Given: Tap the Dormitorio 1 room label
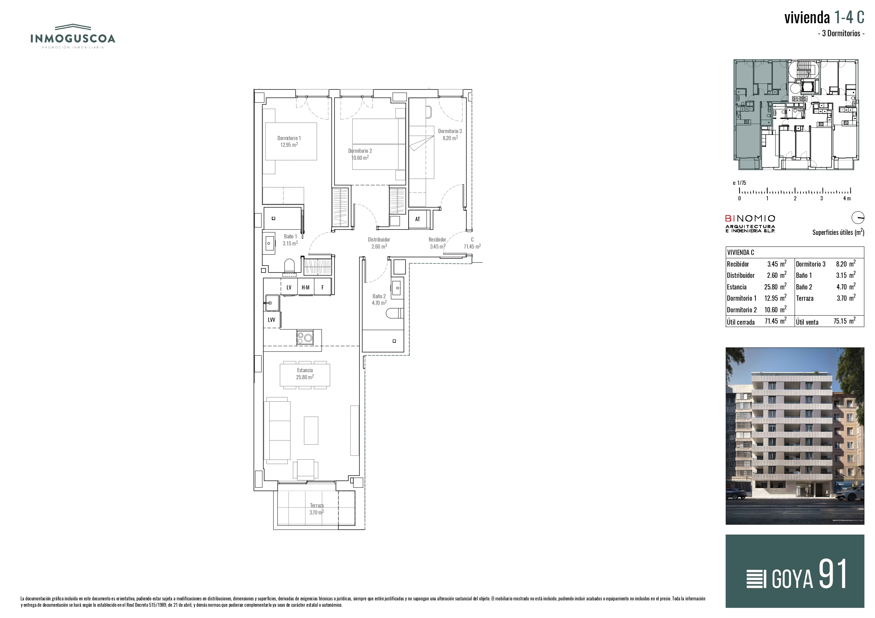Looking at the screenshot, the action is click(x=289, y=141).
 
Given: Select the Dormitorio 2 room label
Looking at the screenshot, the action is click(x=360, y=154).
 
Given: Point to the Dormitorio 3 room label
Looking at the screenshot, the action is click(x=450, y=135).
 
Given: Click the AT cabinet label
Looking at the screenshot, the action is click(x=417, y=219).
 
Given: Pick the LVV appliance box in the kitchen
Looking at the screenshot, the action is click(x=272, y=319).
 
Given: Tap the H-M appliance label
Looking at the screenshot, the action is click(x=305, y=287).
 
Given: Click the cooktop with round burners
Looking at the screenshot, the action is click(x=305, y=337).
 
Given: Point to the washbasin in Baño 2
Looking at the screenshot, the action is click(x=397, y=288).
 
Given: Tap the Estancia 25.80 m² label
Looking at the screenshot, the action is click(x=305, y=374).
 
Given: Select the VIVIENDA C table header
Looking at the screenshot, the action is click(x=740, y=252).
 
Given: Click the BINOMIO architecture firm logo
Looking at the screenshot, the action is click(x=750, y=224).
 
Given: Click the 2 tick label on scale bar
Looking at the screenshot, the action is click(x=795, y=198).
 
